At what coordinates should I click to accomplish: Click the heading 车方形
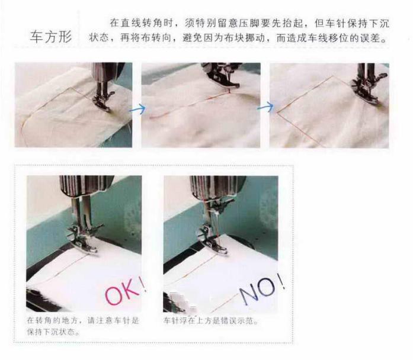tap(51, 37)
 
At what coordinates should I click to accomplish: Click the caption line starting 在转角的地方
tap(82, 321)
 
